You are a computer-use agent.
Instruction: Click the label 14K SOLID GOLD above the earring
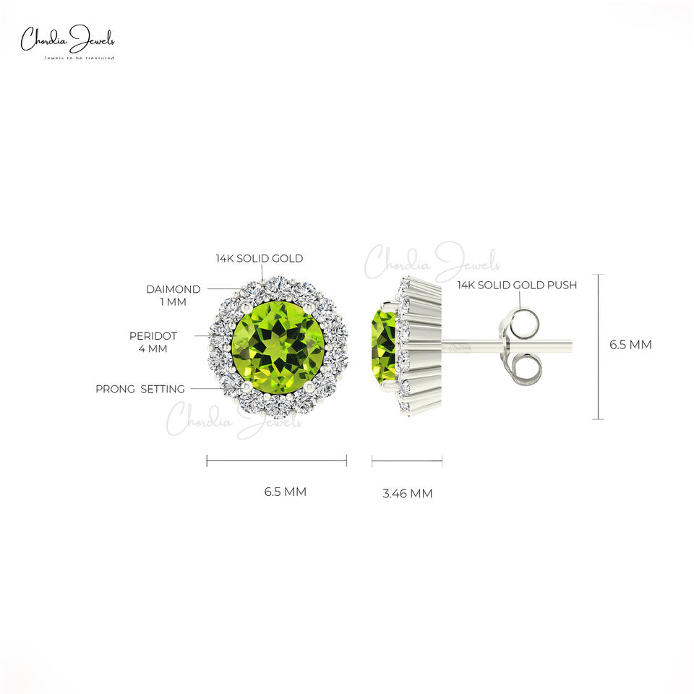260,259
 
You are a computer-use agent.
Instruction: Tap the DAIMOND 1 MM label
173,296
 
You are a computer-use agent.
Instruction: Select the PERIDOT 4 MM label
153,342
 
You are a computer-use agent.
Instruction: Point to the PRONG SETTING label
140,389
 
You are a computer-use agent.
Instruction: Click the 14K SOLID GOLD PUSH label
517,285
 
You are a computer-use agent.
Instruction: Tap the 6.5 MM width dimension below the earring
286,492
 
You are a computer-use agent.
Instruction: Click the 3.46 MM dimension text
408,494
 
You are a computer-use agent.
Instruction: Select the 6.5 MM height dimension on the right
630,345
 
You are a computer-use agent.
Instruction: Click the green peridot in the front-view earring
278,346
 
